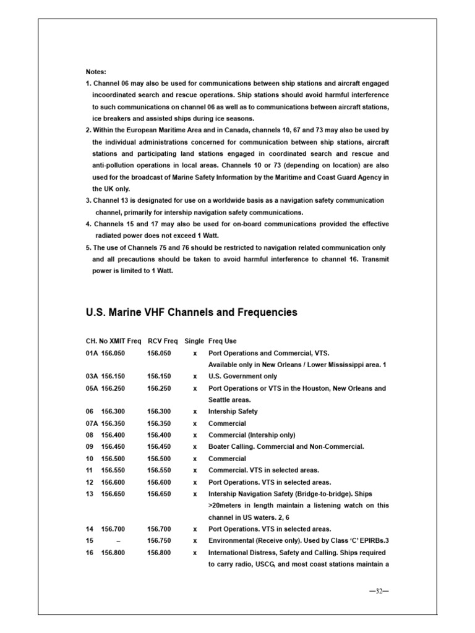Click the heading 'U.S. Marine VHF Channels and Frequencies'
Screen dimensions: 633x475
coord(191,312)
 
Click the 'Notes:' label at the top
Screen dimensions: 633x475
coord(96,72)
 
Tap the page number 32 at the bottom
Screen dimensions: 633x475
coord(377,590)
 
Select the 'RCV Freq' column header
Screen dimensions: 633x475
coord(163,341)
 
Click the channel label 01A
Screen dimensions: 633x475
coord(92,353)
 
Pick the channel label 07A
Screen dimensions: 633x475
coord(92,423)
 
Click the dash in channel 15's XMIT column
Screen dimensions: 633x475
coord(118,541)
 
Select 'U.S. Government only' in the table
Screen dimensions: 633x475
coord(242,376)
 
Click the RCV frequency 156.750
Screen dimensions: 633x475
coord(159,541)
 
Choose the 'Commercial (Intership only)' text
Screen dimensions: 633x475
coord(252,435)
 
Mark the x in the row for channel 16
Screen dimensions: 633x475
coord(195,553)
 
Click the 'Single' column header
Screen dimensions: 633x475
coord(194,341)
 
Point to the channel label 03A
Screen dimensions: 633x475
coord(92,376)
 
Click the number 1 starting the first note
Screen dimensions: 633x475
coord(88,83)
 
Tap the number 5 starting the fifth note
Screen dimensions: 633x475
coord(88,248)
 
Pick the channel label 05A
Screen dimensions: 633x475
coord(92,388)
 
